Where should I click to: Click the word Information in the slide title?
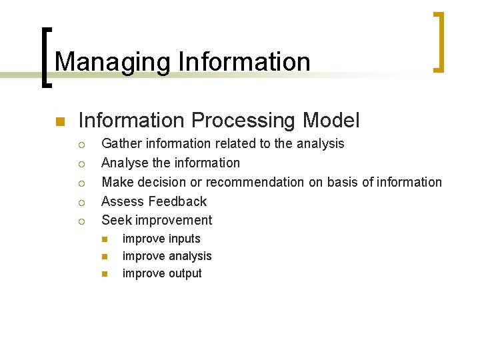pos(244,62)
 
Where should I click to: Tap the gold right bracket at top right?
pos(438,41)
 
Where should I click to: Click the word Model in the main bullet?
pos(331,121)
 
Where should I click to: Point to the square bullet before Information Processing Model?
pos(59,121)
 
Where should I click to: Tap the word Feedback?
pos(178,201)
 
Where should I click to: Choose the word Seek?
pos(115,221)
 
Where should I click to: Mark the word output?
pos(182,274)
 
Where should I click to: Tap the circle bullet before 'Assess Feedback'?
pos(80,202)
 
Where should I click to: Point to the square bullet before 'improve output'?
pos(104,274)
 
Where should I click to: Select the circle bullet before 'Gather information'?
pos(80,144)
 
